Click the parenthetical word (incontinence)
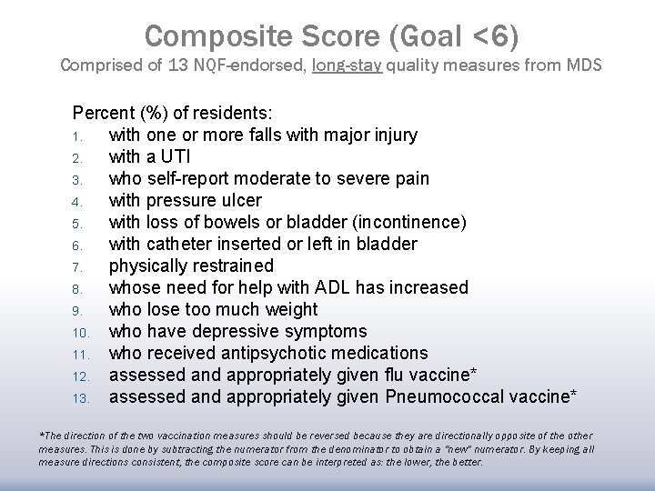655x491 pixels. [396, 222]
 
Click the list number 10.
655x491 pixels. [80, 332]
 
